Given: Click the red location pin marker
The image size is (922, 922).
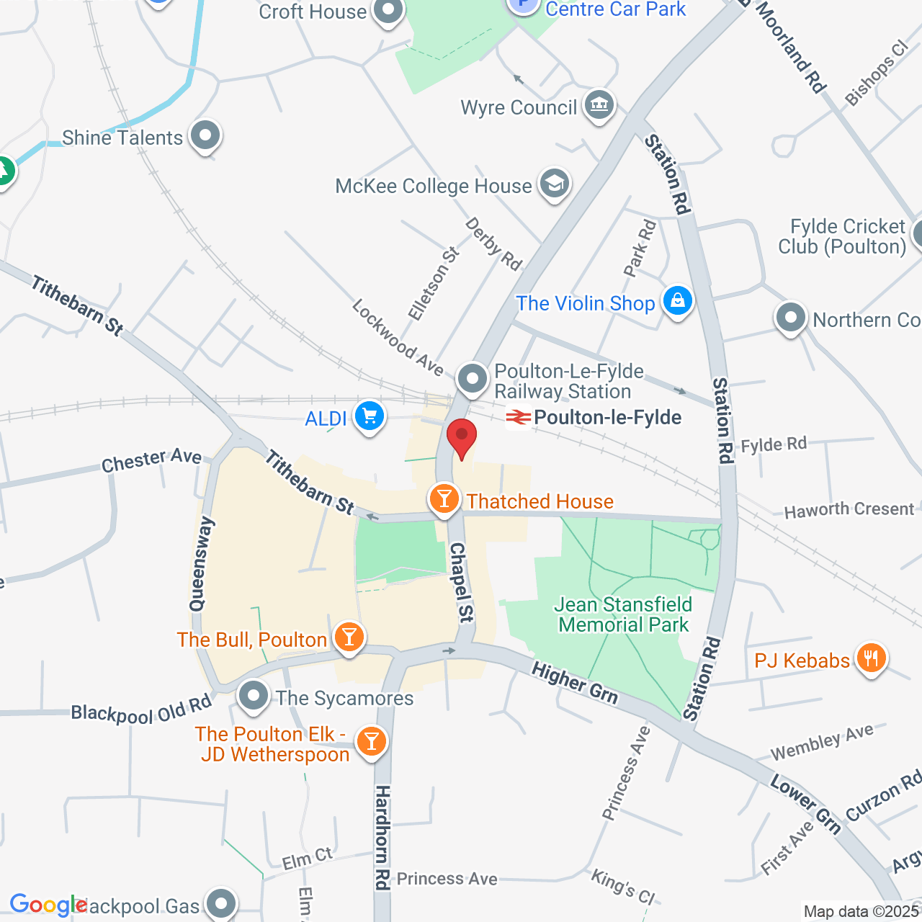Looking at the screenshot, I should point(462,437).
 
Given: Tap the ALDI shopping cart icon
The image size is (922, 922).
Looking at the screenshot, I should point(370,416).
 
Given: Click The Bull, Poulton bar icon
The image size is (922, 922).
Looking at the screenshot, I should point(349,637).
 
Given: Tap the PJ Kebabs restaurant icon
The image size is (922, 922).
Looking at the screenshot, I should point(872,658).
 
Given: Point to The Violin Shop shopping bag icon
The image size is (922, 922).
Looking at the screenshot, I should point(678,301).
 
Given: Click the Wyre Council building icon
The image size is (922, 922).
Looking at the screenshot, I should point(599,106).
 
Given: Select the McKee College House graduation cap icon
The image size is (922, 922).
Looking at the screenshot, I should point(554,184).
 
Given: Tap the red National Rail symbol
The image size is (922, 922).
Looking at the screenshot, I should point(518,417).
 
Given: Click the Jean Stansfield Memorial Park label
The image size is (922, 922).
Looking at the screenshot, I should point(624,614).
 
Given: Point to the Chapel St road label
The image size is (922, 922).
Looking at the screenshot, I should point(462,582).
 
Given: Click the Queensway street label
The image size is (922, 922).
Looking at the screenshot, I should point(202,564).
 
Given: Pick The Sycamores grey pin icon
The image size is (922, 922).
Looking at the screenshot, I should point(254,696).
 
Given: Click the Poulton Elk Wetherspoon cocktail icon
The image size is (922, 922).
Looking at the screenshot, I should point(371,740).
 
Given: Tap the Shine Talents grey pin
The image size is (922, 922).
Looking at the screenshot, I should point(205,135).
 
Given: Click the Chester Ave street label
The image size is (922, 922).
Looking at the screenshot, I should point(151,460).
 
